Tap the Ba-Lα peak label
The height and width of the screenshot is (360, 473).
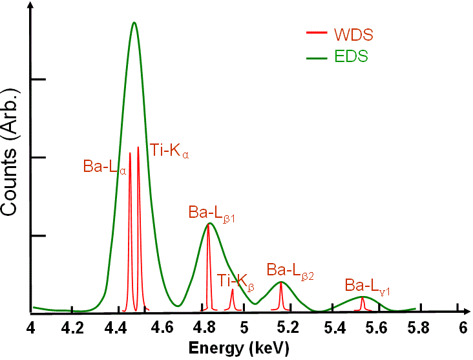[x=103, y=166]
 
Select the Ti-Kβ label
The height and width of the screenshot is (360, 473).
[x=236, y=281]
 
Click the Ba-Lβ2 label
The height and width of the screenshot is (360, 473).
[x=290, y=270]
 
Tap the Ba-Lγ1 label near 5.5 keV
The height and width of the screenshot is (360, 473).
[x=366, y=286]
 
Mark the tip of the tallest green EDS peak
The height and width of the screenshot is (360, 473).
[x=134, y=23]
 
